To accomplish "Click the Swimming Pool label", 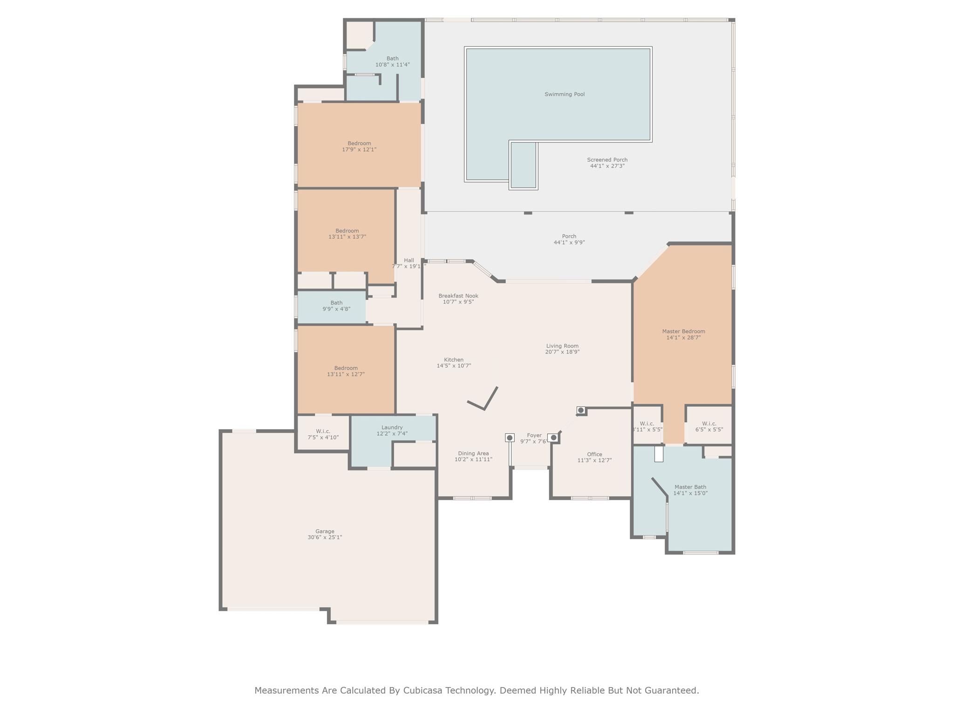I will (x=565, y=94).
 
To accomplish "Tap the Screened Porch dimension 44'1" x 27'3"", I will (x=607, y=166).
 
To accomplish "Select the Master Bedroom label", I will (x=683, y=331).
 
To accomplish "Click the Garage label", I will (x=325, y=531).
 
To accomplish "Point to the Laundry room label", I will (x=392, y=427).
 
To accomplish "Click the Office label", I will (x=594, y=454).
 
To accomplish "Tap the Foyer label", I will (x=534, y=436).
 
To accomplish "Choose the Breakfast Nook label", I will (x=458, y=296).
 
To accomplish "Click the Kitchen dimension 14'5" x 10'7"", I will (x=454, y=366).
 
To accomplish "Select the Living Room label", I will (x=562, y=346).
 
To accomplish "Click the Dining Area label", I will (x=473, y=453).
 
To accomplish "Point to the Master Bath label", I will (x=690, y=487).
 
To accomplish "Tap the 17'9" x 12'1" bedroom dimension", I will (x=359, y=150).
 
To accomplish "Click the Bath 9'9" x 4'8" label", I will (x=336, y=303).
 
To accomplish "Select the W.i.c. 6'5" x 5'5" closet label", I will (x=709, y=424).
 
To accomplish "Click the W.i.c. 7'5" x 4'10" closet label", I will (x=323, y=432).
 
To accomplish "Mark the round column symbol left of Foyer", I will (x=510, y=438).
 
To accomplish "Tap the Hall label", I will (x=409, y=261).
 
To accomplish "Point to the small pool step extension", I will (x=524, y=165).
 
